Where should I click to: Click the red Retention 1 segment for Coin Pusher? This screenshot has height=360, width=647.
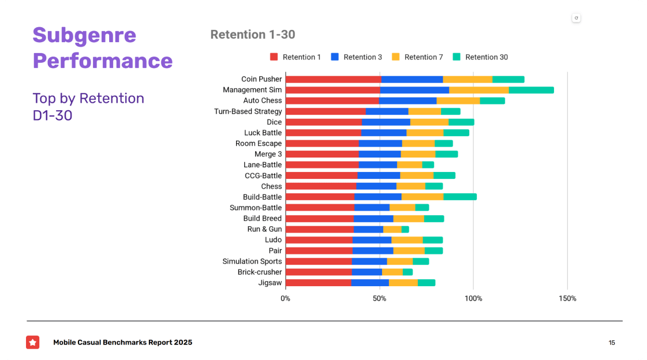pos(333,80)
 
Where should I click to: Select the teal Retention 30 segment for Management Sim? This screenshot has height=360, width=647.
pos(531,90)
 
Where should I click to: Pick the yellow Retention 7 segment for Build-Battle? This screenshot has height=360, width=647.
pos(422,197)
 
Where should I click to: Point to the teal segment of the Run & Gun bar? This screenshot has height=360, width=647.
pos(405,229)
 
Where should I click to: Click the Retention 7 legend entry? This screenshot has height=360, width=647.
pos(417,57)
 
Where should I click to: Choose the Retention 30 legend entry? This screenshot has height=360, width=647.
pos(480,57)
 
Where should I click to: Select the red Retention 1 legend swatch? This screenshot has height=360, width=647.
pos(274,57)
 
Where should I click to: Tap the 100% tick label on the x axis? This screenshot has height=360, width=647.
pos(473,298)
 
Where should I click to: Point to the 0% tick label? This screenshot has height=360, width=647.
pos(285,298)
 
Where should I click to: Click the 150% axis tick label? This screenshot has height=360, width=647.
pos(567,298)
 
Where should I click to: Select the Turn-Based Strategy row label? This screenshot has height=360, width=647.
pos(248,111)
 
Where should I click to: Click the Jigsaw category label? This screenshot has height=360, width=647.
pos(270,283)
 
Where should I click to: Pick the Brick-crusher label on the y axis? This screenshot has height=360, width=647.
pos(260,272)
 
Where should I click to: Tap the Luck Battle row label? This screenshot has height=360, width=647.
pos(263,133)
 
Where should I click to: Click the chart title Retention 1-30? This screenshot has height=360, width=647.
pos(253,35)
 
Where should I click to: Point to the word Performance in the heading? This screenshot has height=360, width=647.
pos(103,61)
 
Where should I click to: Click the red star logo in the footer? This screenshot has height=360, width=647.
pos(33,342)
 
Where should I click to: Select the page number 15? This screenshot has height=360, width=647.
pos(612,343)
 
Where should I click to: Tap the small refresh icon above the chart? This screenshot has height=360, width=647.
pos(576,18)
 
